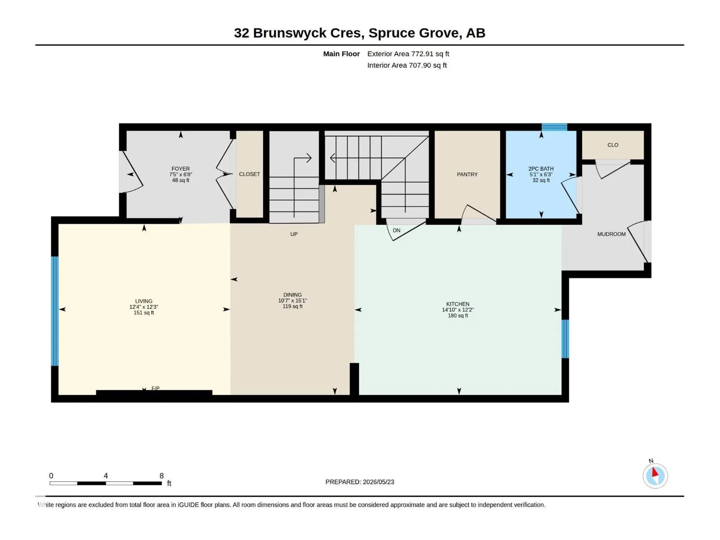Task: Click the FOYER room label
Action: click(180, 168)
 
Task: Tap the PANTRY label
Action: click(467, 175)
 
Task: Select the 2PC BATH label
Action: click(541, 168)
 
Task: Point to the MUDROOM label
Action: click(612, 234)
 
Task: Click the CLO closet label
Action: click(613, 145)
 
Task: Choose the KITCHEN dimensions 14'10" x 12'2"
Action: click(458, 310)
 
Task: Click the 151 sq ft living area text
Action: click(144, 313)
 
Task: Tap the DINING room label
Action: click(292, 295)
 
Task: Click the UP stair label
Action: click(294, 234)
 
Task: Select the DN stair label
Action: click(396, 230)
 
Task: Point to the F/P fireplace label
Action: click(156, 388)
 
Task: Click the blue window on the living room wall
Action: click(55, 311)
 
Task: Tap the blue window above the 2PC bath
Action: click(554, 127)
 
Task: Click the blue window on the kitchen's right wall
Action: click(565, 339)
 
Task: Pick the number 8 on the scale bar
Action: click(162, 476)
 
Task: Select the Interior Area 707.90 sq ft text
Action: click(407, 65)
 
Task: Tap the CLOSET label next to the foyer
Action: click(249, 175)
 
